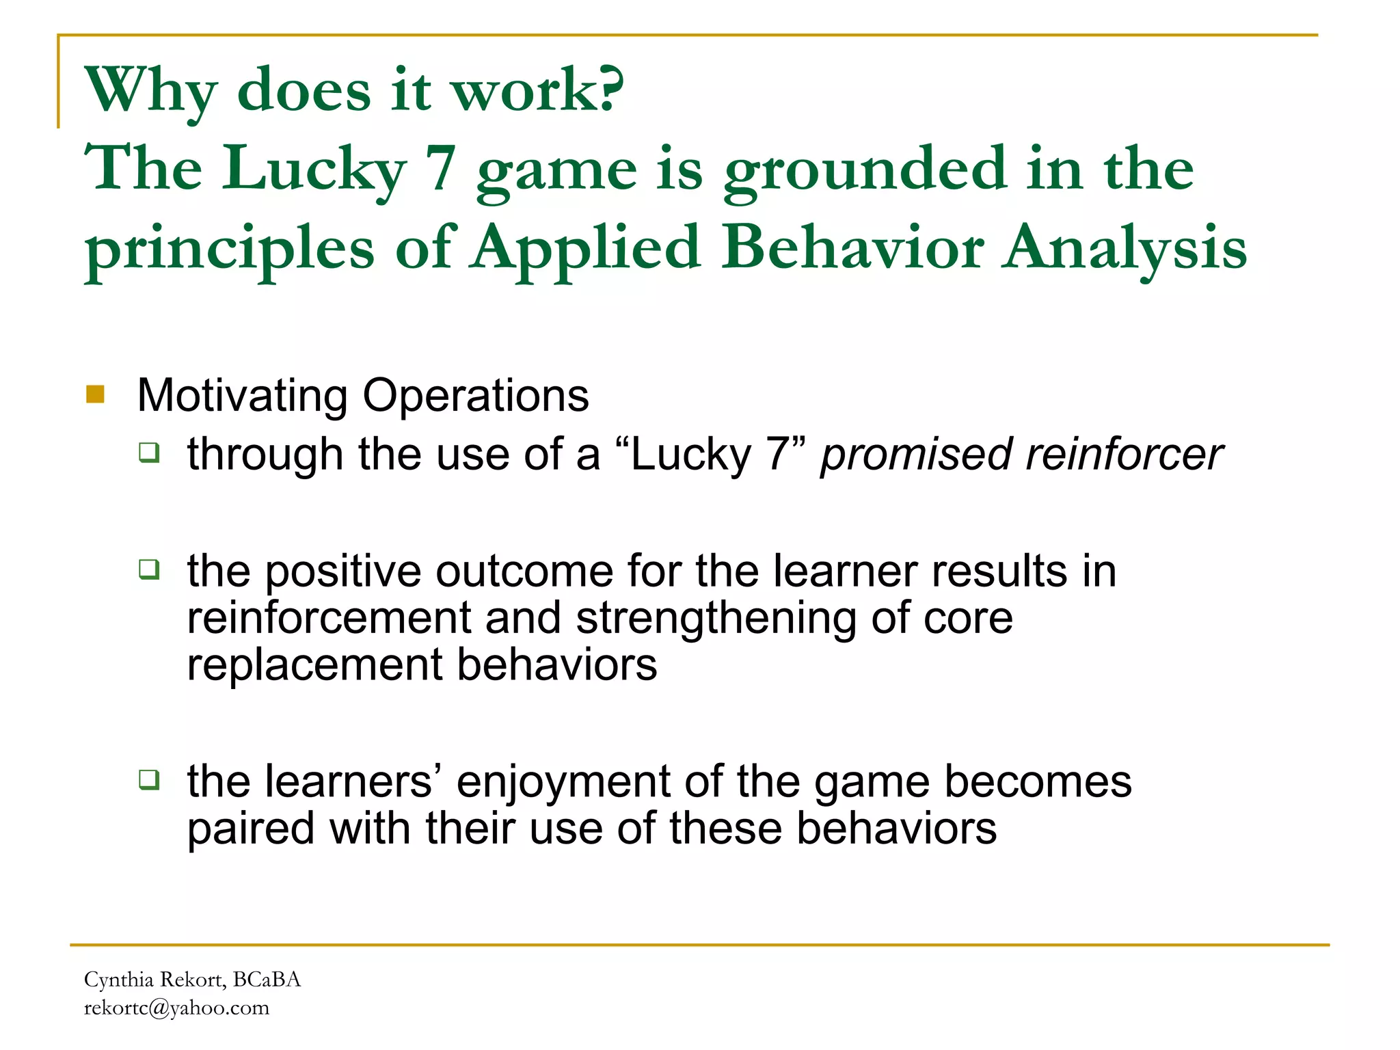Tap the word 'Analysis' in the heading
point(1125,247)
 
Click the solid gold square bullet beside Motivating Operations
point(95,394)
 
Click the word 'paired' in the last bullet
point(251,829)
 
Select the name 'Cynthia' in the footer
point(118,980)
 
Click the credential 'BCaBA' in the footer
point(267,980)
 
